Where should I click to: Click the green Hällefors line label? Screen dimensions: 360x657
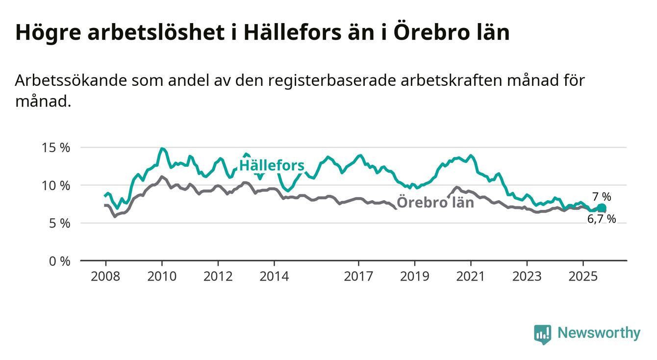272,166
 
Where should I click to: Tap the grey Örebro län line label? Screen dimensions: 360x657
435,202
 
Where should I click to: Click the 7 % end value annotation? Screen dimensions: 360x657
602,197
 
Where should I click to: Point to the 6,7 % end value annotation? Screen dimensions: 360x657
602,219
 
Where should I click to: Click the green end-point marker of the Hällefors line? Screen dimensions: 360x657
602,208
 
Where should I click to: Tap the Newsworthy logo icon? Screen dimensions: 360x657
542,334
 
